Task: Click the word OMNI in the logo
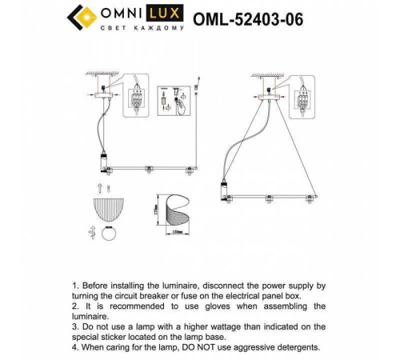[x=118, y=14]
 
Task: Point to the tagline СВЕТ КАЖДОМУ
[x=141, y=30]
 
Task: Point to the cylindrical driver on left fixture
[x=103, y=163]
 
